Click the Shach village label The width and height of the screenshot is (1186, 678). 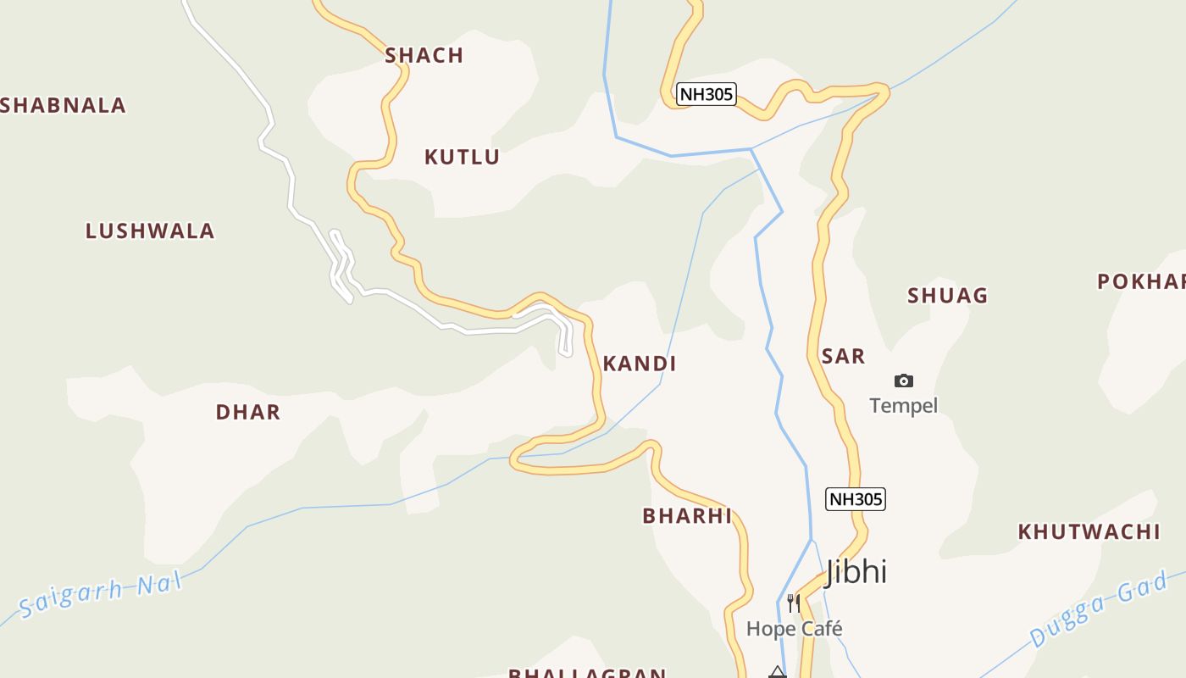click(424, 56)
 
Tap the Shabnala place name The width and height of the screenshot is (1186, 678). click(64, 106)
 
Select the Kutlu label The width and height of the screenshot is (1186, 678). click(462, 157)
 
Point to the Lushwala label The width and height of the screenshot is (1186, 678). click(150, 231)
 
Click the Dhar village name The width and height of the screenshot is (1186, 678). click(247, 413)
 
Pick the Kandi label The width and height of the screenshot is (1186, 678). click(639, 364)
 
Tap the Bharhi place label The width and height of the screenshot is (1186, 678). click(686, 516)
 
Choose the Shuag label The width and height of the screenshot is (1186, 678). click(947, 296)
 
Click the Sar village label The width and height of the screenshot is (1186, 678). click(843, 357)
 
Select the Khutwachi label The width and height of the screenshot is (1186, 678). click(1089, 532)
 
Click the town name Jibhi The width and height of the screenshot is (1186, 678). click(856, 572)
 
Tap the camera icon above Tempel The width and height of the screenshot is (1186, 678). click(904, 381)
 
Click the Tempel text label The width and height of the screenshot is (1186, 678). click(903, 406)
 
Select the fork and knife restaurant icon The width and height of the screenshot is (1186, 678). click(793, 603)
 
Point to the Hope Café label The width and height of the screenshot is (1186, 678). click(794, 629)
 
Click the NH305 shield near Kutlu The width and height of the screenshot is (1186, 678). click(706, 94)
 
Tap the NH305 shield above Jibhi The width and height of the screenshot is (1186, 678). click(855, 499)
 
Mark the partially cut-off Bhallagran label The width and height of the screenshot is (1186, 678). click(586, 673)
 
